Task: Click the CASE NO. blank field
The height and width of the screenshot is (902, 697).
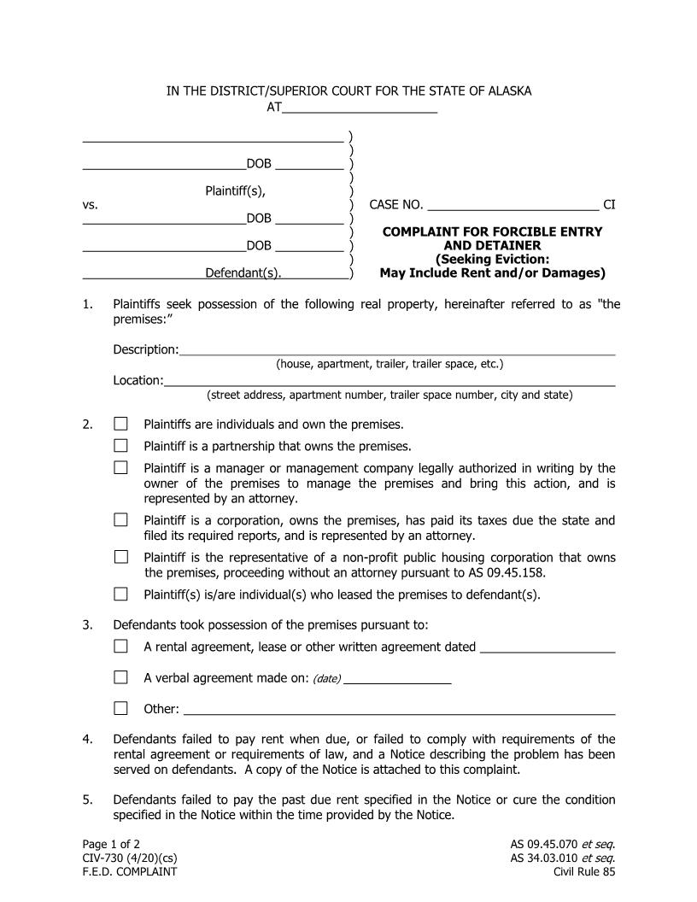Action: (x=512, y=205)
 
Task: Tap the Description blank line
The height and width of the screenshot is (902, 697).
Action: (x=396, y=349)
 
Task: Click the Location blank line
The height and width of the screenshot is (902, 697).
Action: (x=389, y=381)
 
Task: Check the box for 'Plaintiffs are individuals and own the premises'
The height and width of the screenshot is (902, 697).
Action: (x=120, y=424)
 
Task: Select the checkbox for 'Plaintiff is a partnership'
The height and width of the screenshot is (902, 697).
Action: (x=120, y=445)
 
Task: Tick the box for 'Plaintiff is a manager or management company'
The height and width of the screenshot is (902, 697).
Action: (x=120, y=467)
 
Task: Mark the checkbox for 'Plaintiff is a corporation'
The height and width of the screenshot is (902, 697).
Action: (x=120, y=519)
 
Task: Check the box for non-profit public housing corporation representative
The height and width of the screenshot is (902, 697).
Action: (x=120, y=557)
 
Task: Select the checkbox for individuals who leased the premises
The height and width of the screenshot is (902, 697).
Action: (x=120, y=594)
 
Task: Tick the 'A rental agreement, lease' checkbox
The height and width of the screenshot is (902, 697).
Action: (x=120, y=646)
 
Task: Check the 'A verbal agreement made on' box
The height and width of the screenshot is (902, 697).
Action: (x=120, y=677)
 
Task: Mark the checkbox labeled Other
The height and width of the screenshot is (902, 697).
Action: (x=120, y=708)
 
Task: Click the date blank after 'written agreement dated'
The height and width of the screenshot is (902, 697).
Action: (x=548, y=647)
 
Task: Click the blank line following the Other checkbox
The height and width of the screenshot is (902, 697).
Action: (x=399, y=709)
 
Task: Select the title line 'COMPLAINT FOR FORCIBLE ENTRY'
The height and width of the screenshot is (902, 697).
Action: (x=492, y=231)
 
